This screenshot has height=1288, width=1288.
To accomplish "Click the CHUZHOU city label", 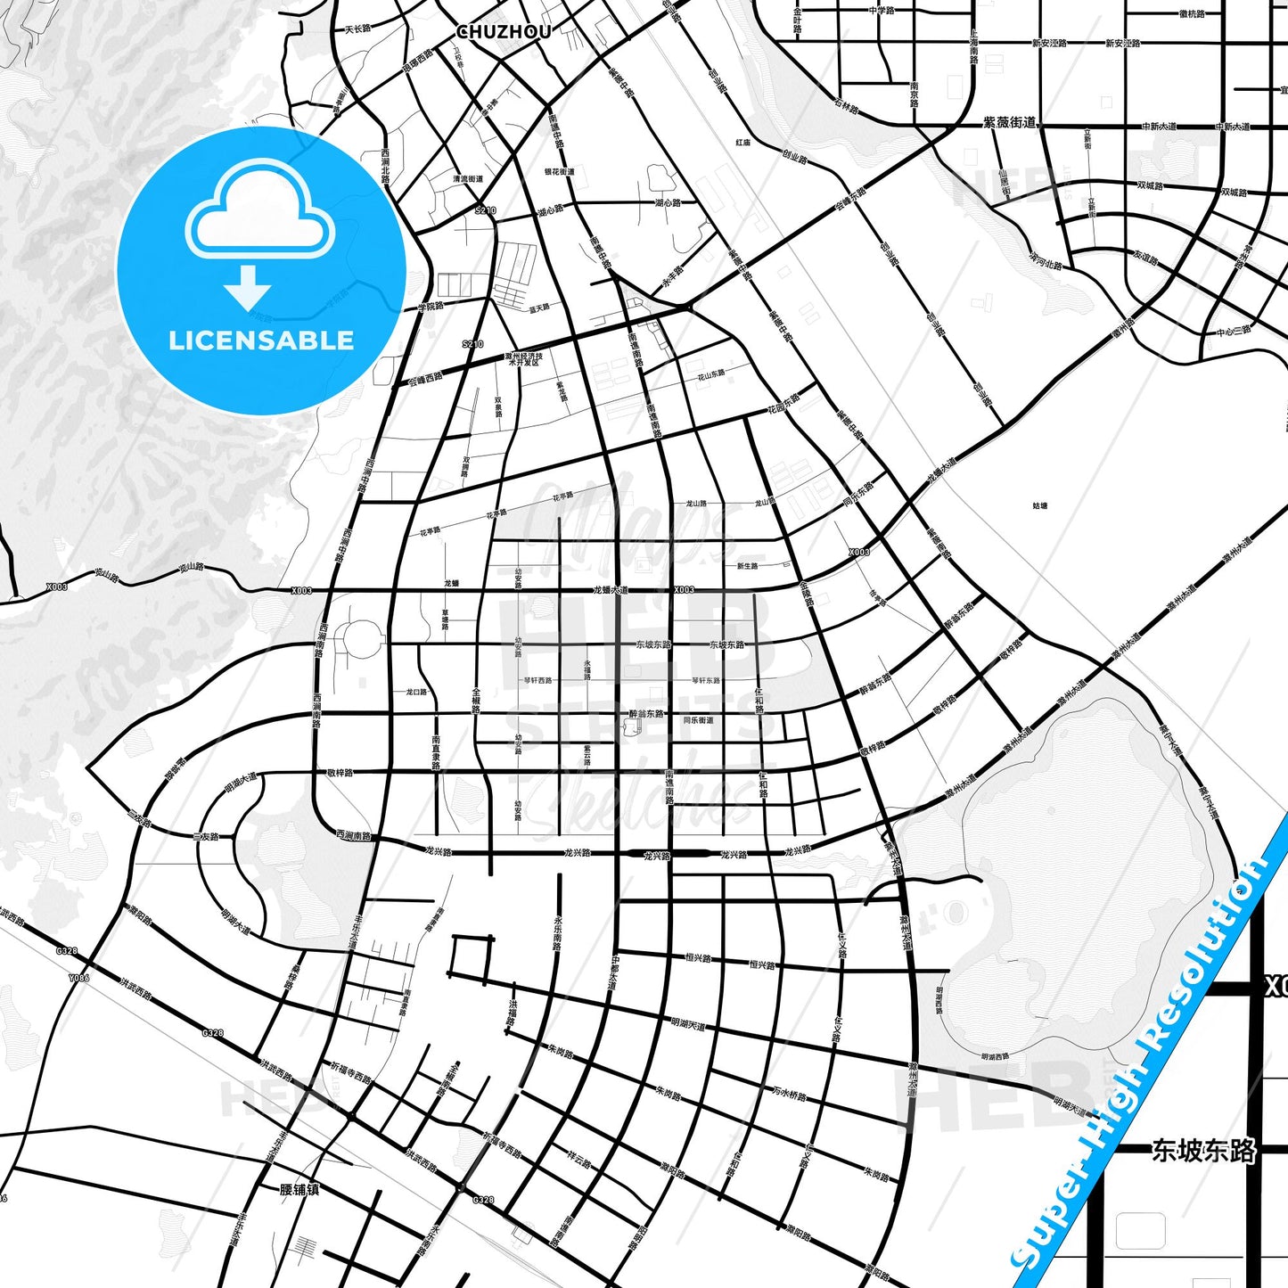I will pos(504,32).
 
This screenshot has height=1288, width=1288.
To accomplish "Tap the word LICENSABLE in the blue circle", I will pos(261,340).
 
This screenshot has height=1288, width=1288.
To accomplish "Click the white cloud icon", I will pos(259,214).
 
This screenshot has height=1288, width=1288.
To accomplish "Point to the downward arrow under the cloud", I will pos(248,287).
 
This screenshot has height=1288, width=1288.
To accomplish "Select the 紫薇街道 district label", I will pos(1010,122).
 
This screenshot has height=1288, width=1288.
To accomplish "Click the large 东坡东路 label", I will pos(1203,1151).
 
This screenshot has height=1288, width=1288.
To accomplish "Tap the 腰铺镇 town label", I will pos(299,1190).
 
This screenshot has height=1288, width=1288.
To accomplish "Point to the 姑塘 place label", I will pos(1039,505).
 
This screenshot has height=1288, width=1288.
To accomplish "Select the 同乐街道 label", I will pos(698,720).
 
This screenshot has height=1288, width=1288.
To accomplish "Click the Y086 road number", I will pos(78,978).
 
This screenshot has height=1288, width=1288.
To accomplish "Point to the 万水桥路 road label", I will pos(789,1093).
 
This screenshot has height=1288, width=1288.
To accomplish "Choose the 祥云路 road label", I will pos(579,1160).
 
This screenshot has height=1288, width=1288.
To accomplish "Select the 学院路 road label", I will pos(431,307).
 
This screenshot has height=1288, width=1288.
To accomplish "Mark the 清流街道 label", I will pos(467,178).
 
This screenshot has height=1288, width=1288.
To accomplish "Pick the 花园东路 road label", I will pos(784,403).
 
